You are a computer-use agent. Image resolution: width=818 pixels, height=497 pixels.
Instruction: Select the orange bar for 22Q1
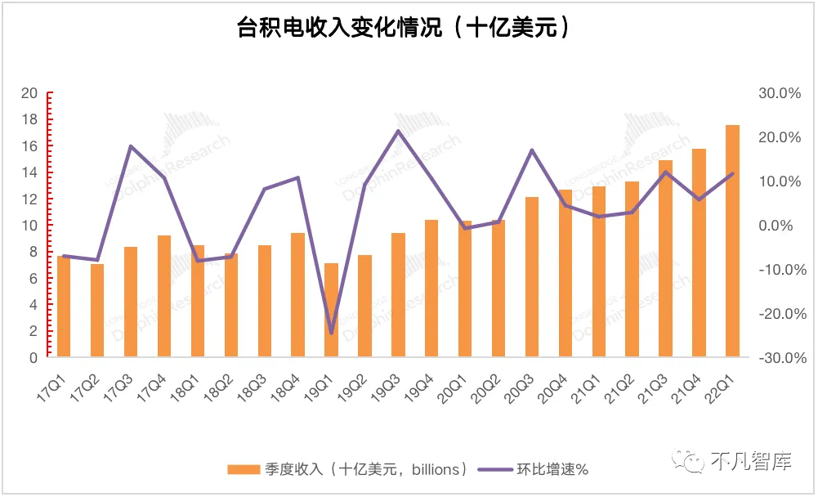[732, 241]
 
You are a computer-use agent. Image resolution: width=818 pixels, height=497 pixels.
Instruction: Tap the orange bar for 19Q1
[331, 310]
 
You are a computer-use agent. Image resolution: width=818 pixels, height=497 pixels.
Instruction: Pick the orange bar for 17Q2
[97, 311]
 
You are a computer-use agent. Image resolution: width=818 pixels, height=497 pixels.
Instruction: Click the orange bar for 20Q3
[532, 277]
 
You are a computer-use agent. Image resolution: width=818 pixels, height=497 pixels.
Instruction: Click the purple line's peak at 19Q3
[398, 131]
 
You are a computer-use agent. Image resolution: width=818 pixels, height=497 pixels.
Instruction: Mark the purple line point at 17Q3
[131, 146]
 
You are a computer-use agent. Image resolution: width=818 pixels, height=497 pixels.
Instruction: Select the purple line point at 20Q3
[532, 150]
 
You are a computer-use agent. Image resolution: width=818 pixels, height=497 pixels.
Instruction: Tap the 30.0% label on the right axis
[780, 93]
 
